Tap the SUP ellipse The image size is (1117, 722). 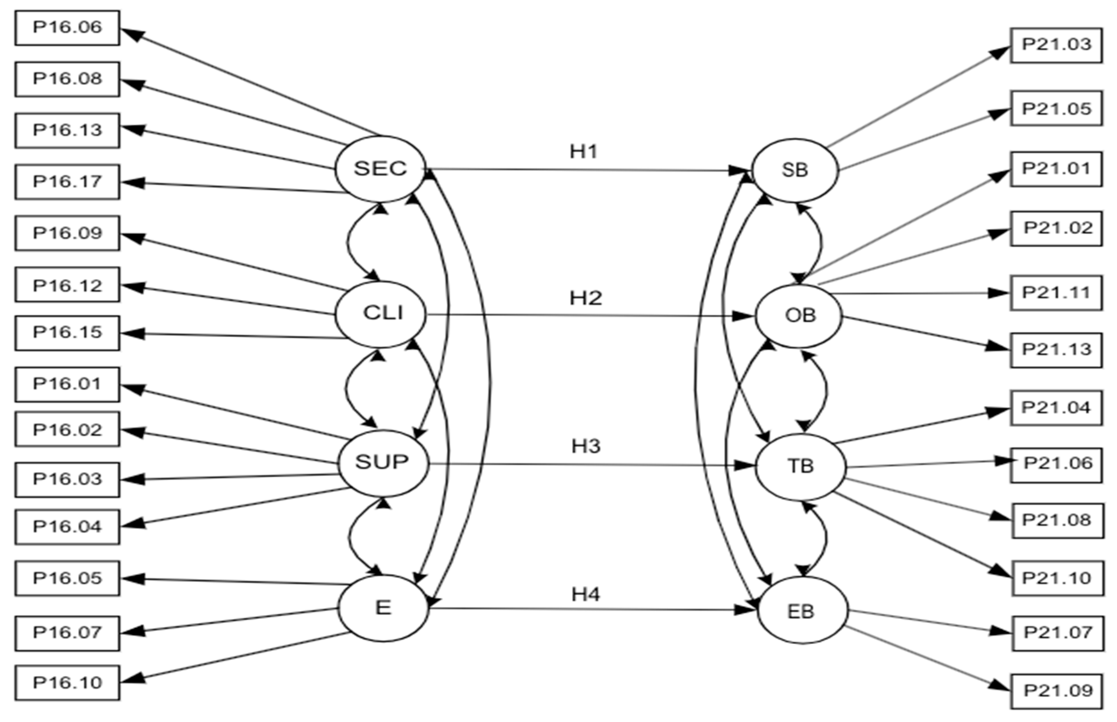coord(383,463)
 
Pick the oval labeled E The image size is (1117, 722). coord(384,608)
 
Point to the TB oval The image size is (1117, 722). coord(801,467)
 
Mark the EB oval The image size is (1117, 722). coord(802,611)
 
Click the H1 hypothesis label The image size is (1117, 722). coord(584,152)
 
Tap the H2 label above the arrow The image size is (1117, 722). coord(585,298)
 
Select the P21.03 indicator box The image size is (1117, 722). coord(1056,45)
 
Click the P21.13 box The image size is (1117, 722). coord(1056,350)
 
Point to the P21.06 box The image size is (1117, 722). coord(1057,464)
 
